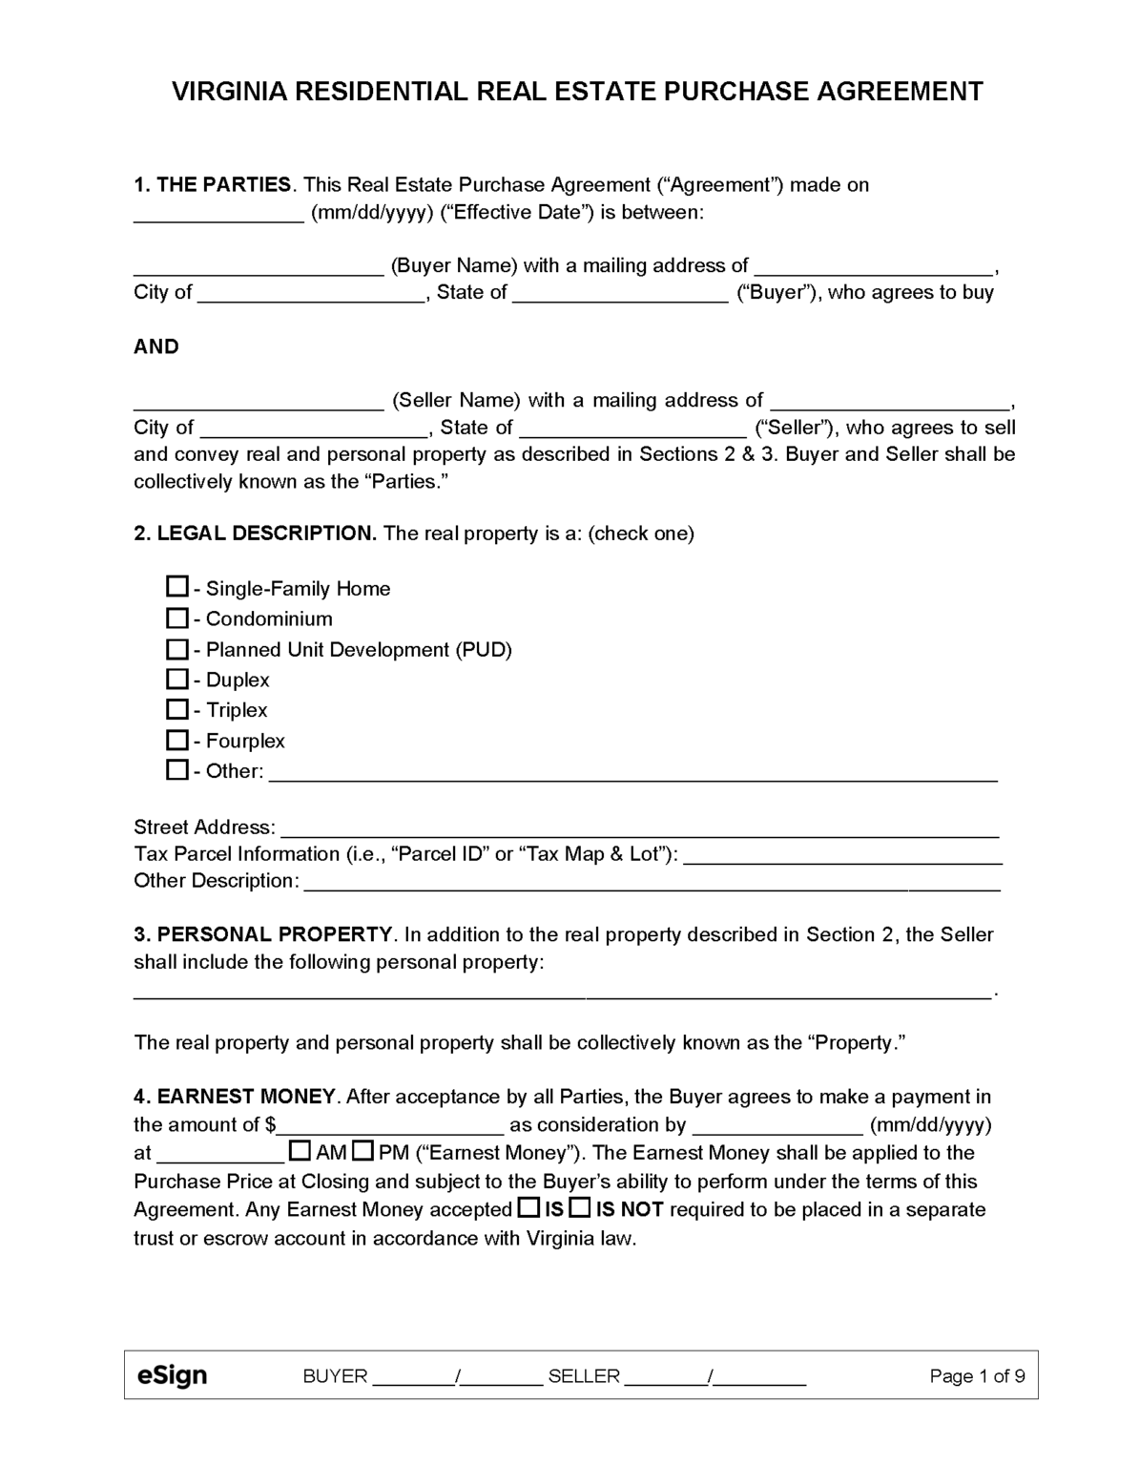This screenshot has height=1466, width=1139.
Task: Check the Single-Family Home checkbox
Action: click(x=176, y=586)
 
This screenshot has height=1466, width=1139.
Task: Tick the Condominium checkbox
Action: click(x=176, y=618)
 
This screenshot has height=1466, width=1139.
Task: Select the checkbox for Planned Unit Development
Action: click(x=176, y=649)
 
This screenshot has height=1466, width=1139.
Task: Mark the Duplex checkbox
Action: click(x=176, y=679)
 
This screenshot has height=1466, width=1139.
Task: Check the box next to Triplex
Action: click(x=176, y=709)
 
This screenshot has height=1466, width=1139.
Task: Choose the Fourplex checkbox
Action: click(x=176, y=740)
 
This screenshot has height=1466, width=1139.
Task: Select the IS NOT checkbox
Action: click(x=579, y=1208)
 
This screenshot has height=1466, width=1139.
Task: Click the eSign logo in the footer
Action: click(x=172, y=1375)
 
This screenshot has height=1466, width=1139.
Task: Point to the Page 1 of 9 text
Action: click(x=977, y=1375)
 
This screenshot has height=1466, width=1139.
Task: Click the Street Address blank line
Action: click(x=639, y=828)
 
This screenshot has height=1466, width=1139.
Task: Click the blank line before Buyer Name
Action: click(x=258, y=267)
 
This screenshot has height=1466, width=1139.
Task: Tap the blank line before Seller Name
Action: click(x=258, y=402)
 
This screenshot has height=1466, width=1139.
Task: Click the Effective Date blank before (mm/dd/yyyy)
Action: click(x=218, y=214)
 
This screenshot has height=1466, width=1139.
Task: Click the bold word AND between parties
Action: click(x=156, y=346)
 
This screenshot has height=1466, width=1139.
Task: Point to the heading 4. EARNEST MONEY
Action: click(x=235, y=1097)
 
